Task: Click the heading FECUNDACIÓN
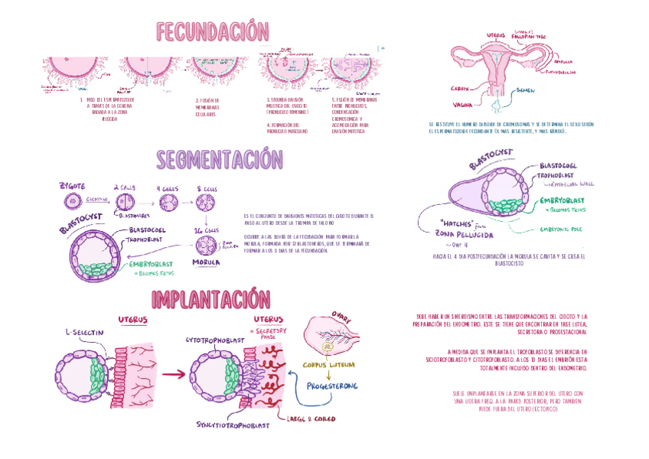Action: (x=213, y=32)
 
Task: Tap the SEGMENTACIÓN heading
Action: (x=220, y=160)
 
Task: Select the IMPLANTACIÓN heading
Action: (x=210, y=299)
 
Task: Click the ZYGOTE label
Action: (x=72, y=186)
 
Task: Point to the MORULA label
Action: (x=207, y=262)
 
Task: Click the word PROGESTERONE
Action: (x=331, y=386)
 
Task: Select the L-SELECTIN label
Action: (x=84, y=333)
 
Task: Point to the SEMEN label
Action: (x=526, y=90)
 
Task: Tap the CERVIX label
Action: (x=460, y=87)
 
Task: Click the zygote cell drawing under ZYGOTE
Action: (x=72, y=203)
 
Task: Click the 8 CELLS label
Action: (x=207, y=187)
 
